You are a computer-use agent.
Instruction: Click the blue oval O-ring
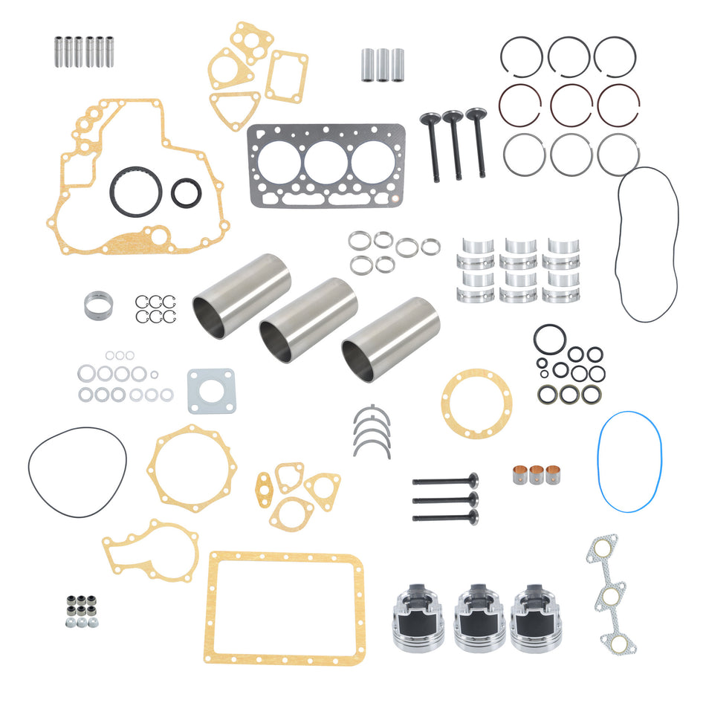click(x=599, y=461)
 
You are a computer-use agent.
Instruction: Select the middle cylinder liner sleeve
click(x=308, y=320)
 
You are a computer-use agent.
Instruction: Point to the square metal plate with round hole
click(x=210, y=391)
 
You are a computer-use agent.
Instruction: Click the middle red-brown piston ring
click(x=571, y=104)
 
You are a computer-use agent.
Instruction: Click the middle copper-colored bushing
click(x=536, y=475)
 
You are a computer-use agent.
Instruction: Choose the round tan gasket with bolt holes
click(x=476, y=404)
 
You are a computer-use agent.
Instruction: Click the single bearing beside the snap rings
click(x=98, y=305)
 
